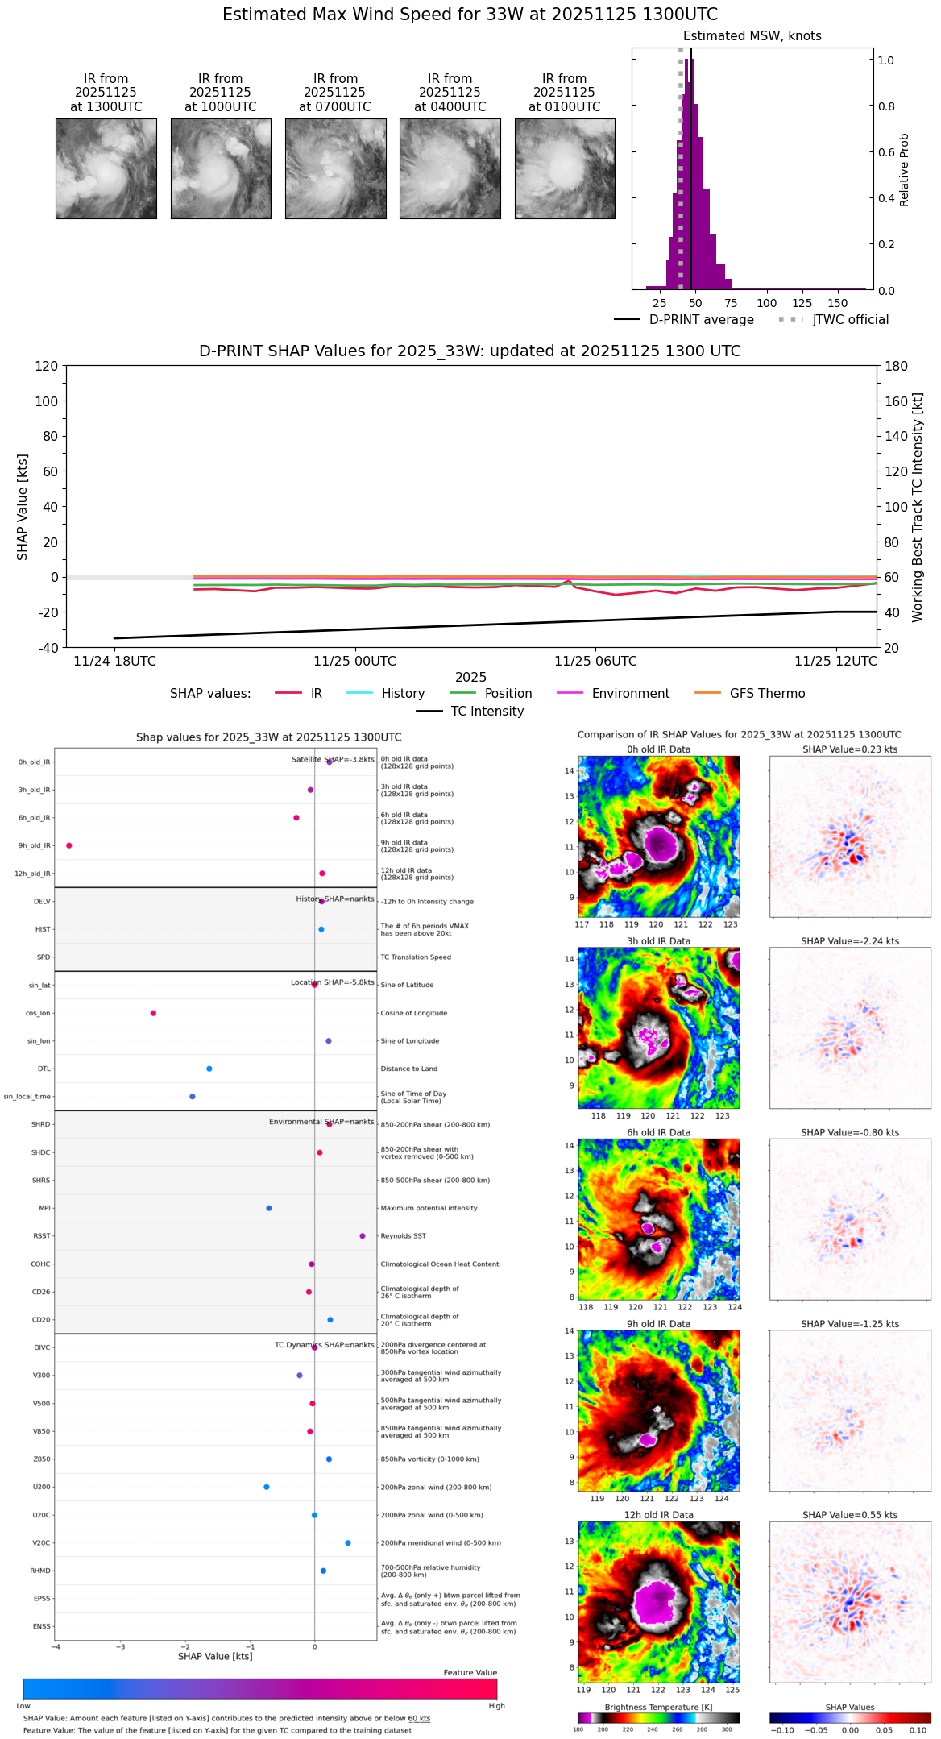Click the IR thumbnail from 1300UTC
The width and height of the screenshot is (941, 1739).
pos(106,168)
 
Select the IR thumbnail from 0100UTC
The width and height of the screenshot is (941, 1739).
pos(565,168)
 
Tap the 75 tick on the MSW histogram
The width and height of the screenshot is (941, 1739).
pos(731,303)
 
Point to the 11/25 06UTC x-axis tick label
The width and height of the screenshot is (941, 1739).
pos(595,662)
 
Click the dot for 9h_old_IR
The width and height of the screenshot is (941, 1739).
pos(69,845)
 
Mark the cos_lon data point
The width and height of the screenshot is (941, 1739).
pos(153,1013)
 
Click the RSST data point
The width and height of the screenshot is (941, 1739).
pos(363,1236)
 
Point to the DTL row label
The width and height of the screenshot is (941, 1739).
pos(44,1069)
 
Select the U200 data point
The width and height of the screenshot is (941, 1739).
pos(267,1487)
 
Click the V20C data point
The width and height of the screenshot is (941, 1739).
pos(348,1543)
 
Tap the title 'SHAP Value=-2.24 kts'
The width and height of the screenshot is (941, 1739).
pos(850,941)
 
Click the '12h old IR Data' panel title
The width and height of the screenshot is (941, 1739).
pos(658,1515)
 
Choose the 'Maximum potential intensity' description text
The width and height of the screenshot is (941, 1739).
pos(429,1208)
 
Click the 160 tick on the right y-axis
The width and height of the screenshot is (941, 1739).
pos(897,401)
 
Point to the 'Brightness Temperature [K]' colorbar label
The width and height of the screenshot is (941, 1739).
pos(658,1707)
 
